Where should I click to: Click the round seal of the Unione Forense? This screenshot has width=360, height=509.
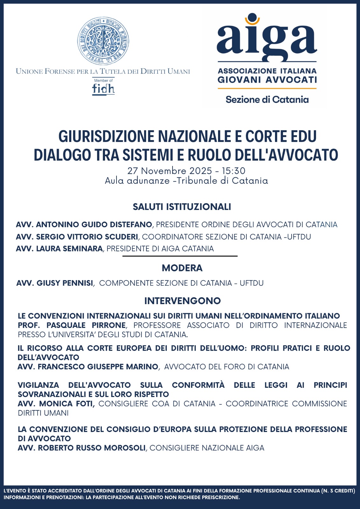(103, 41)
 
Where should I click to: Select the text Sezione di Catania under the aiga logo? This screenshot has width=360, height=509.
(267, 100)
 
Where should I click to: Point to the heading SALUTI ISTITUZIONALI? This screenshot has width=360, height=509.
(182, 207)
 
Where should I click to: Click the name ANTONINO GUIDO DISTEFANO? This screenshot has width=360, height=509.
(94, 225)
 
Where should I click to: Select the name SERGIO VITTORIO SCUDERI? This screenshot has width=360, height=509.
(87, 237)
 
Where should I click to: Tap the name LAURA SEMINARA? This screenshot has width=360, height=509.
(69, 249)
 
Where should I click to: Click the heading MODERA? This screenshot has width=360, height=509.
(182, 268)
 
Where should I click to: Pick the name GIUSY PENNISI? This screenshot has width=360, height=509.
(65, 283)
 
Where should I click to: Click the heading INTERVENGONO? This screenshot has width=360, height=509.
(182, 301)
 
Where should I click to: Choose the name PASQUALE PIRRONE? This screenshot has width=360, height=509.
(86, 325)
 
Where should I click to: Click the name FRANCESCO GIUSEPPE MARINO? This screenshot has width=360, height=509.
(98, 367)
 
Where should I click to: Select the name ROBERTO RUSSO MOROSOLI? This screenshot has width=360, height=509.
(92, 448)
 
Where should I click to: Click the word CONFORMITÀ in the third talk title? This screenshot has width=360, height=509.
(198, 385)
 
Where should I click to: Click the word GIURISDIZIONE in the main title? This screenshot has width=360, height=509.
(106, 136)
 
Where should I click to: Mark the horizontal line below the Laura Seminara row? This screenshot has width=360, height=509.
(180, 256)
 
